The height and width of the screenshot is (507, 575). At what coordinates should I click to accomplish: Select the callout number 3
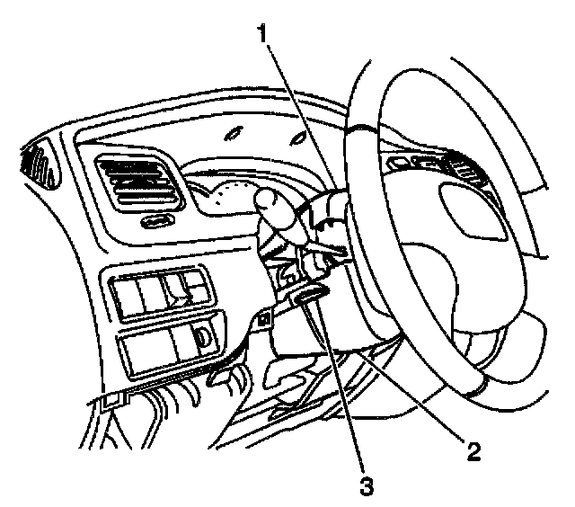[365, 485]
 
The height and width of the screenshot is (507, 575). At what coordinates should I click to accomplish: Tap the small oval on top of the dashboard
[234, 135]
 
